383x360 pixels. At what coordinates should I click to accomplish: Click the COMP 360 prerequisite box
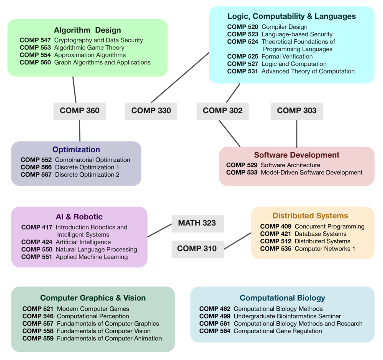(x=80, y=111)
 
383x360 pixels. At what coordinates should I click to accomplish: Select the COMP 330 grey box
(x=151, y=111)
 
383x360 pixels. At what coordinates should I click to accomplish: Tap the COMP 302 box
(x=223, y=111)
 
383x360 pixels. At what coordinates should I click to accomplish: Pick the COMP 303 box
(x=297, y=111)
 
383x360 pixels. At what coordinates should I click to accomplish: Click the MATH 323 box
(x=198, y=223)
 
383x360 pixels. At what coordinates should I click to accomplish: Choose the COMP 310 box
(x=198, y=249)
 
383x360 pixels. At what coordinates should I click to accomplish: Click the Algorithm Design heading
(x=87, y=30)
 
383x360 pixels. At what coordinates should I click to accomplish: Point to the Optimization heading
(x=76, y=150)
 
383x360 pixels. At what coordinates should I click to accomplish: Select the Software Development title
(x=296, y=155)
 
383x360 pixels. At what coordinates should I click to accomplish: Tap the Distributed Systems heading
(x=310, y=215)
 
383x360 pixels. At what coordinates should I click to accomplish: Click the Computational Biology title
(x=282, y=298)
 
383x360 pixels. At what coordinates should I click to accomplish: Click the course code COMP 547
(x=35, y=40)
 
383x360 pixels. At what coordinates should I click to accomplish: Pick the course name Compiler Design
(x=284, y=27)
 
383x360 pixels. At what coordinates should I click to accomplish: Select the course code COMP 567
(x=36, y=175)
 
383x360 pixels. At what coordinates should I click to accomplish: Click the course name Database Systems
(x=321, y=234)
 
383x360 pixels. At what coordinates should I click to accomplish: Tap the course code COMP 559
(x=38, y=338)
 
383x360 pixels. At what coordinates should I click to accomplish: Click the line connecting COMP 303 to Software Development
(x=297, y=134)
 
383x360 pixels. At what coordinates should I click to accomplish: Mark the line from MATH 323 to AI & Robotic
(x=159, y=230)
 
